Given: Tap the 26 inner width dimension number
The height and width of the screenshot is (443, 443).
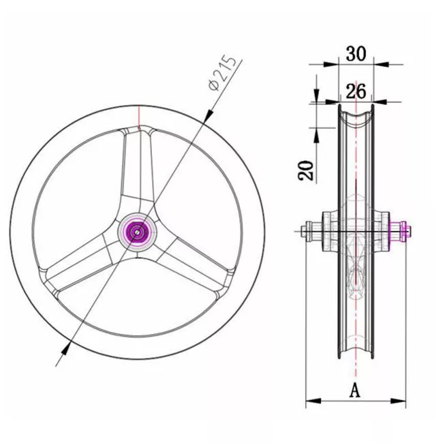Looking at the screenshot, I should point(355,90).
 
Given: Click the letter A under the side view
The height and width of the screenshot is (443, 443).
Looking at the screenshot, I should point(355,391).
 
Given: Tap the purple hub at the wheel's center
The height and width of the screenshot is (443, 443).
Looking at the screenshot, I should point(137,232).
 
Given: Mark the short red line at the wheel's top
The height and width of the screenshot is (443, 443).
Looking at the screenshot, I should point(138,117).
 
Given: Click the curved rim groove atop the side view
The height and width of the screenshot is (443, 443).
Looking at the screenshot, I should point(355,117).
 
